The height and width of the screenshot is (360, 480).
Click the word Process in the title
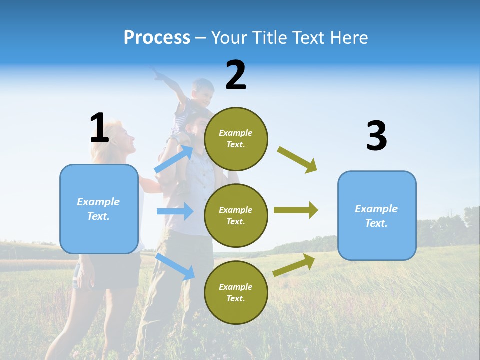[157, 38]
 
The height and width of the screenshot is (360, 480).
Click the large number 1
[99, 128]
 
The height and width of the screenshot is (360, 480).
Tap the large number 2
[236, 75]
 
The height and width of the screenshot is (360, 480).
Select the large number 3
[376, 136]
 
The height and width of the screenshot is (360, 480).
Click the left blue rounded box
[99, 209]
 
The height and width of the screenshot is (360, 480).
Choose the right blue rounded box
[377, 215]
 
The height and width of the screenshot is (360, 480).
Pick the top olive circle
[236, 139]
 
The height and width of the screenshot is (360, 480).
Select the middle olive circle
[236, 215]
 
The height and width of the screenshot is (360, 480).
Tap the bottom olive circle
[236, 292]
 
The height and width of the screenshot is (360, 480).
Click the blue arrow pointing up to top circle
[174, 159]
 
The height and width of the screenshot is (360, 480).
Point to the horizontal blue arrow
[175, 211]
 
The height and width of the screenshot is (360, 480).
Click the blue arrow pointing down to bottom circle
[175, 266]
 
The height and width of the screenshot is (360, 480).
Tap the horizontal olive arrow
[296, 210]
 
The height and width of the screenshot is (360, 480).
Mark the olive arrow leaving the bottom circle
[294, 265]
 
